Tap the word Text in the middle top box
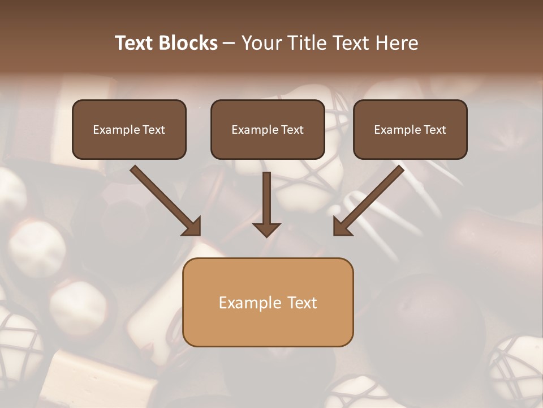click(x=292, y=130)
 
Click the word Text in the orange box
click(x=302, y=303)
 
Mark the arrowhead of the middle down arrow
click(x=266, y=229)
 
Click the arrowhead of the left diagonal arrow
click(x=192, y=227)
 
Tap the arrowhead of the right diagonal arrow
click(x=342, y=227)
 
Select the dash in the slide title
click(x=229, y=43)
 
